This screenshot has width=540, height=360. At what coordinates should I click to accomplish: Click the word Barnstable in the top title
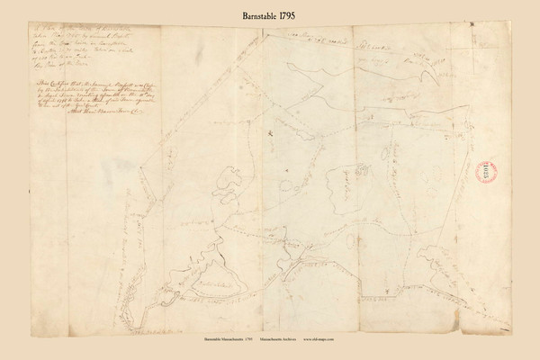tap(245, 14)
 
